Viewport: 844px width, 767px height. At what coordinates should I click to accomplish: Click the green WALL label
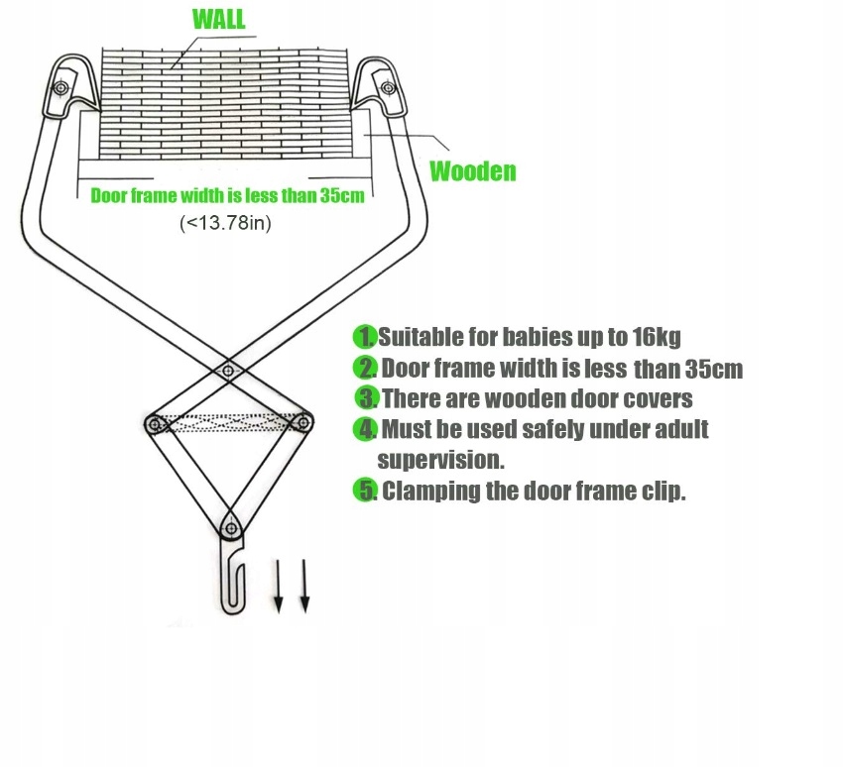[218, 19]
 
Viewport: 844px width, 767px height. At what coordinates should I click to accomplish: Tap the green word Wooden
[472, 171]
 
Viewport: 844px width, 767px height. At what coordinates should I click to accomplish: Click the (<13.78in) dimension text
[225, 223]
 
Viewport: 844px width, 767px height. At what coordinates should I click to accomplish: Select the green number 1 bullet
[365, 337]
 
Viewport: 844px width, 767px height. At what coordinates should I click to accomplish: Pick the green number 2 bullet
[365, 369]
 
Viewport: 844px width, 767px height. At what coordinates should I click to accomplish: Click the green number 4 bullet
[366, 429]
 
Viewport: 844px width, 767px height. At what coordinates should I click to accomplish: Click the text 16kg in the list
[655, 338]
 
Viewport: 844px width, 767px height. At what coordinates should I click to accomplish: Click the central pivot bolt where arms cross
[228, 372]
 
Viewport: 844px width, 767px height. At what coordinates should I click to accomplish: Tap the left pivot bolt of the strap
[155, 425]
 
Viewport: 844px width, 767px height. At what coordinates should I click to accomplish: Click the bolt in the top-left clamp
[62, 88]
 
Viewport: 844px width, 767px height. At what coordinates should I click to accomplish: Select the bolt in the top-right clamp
[387, 87]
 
